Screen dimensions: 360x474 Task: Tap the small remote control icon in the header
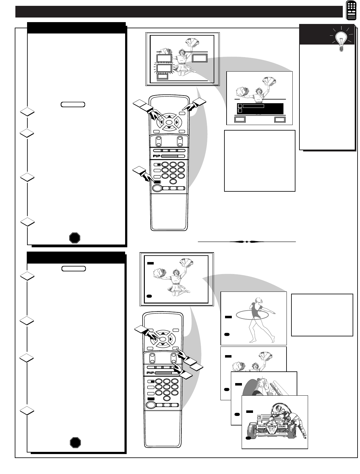350,10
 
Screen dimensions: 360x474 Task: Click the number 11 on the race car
272,429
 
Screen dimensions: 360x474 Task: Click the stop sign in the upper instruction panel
75,237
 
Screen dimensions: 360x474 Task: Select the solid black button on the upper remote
157,182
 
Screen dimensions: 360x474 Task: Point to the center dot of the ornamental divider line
247,242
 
